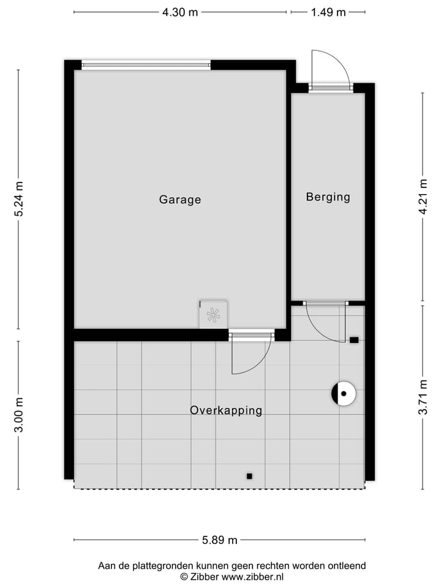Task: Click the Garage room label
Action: coord(180,200)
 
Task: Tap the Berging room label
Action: coord(328,197)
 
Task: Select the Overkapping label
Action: coord(226,410)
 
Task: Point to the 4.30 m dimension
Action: coord(180,12)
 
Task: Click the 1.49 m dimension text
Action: coord(328,12)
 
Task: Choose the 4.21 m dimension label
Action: coord(423,197)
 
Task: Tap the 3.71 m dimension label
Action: coord(423,397)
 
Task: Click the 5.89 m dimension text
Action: coord(219,540)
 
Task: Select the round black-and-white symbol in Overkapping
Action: coord(344,394)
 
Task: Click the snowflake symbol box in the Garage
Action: coord(213,315)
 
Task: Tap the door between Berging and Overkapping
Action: coord(325,322)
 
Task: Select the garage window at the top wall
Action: coord(146,65)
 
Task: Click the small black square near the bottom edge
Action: coord(249,476)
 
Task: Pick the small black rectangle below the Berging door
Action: coord(354,340)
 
